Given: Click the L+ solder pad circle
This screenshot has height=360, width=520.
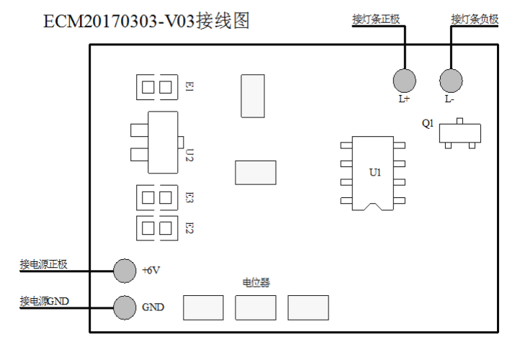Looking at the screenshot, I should [x=404, y=79].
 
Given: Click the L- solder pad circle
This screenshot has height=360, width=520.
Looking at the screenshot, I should [x=450, y=79].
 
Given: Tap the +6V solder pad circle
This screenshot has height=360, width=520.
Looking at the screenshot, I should [x=125, y=271].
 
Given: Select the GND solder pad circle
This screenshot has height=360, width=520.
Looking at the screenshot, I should [x=125, y=307].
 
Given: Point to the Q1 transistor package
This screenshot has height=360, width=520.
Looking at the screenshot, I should [x=459, y=132].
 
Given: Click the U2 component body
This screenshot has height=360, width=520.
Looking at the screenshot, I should [x=162, y=142].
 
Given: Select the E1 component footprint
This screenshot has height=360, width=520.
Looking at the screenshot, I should [x=157, y=87].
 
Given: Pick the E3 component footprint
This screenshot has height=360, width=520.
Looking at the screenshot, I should [x=157, y=197].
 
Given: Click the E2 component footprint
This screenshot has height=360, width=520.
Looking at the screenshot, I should [x=157, y=228].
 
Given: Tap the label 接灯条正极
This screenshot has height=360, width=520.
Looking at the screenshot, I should [x=376, y=19].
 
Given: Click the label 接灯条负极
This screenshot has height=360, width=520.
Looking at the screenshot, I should [x=474, y=19].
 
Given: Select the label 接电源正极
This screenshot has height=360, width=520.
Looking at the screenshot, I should [x=44, y=264].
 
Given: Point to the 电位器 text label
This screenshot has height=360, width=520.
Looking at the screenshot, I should [x=256, y=283].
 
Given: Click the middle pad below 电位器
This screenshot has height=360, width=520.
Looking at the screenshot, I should [x=255, y=307].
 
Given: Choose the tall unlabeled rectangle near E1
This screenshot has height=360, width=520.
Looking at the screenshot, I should [x=252, y=96].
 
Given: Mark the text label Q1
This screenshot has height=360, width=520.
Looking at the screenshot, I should [x=428, y=124].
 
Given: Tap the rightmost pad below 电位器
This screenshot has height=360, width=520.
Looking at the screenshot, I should [x=308, y=307].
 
